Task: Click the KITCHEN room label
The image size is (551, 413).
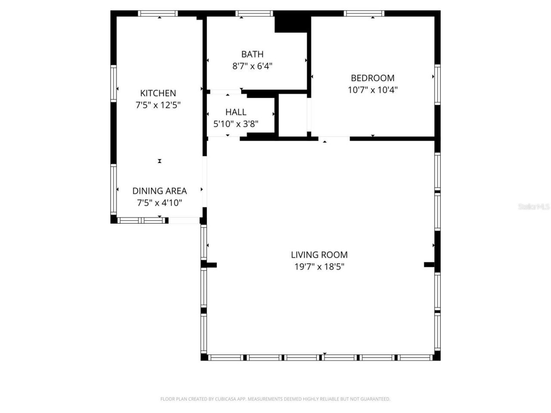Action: (x=158, y=93)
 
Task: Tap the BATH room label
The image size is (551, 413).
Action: (x=252, y=54)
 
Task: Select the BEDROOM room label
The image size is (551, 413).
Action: (x=372, y=78)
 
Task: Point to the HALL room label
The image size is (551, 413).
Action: (x=236, y=112)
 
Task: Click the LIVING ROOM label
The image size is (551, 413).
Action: (x=319, y=255)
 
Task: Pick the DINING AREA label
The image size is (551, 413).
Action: (x=159, y=191)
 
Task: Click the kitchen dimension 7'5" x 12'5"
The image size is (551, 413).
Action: (x=158, y=105)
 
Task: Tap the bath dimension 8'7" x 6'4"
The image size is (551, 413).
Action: (x=252, y=66)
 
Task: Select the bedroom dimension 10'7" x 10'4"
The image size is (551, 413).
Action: (x=372, y=90)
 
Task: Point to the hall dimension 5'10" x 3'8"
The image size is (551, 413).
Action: (x=236, y=124)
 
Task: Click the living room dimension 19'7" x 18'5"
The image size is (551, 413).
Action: (x=319, y=267)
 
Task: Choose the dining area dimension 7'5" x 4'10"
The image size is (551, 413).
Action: (x=159, y=203)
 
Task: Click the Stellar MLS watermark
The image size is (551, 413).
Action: (x=534, y=206)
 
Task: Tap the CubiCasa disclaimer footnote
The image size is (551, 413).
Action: (x=275, y=399)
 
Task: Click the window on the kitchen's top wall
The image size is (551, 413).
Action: (x=158, y=14)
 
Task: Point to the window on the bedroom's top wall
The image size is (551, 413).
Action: (x=364, y=14)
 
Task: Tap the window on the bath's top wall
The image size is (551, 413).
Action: (x=255, y=14)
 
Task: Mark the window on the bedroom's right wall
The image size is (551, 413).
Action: (x=437, y=84)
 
